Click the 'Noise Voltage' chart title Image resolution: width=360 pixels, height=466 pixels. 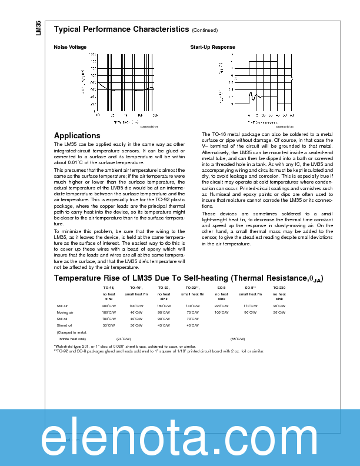pyautogui.click(x=70, y=47)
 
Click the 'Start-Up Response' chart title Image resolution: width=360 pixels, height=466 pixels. pyautogui.click(x=212, y=47)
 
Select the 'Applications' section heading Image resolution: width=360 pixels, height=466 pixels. pyautogui.click(x=77, y=135)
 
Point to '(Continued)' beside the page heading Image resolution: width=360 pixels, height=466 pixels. pyautogui.click(x=204, y=29)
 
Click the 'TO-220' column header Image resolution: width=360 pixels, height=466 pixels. pyautogui.click(x=279, y=288)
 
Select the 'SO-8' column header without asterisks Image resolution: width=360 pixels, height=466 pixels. pyautogui.click(x=221, y=288)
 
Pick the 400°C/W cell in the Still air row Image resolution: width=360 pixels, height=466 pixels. pyautogui.click(x=109, y=307)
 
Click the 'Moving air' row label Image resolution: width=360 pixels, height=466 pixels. pyautogui.click(x=65, y=312)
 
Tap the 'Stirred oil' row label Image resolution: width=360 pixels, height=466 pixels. pyautogui.click(x=65, y=325)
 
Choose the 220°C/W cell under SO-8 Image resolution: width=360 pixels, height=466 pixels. pyautogui.click(x=221, y=307)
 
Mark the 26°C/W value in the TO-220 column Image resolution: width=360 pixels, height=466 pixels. pyautogui.click(x=279, y=312)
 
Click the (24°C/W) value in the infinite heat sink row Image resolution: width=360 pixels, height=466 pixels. pyautogui.click(x=124, y=339)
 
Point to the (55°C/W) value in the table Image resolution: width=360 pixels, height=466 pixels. pyautogui.click(x=238, y=339)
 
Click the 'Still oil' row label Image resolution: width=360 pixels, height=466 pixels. pyautogui.click(x=63, y=319)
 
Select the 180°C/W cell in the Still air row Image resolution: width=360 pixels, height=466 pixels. pyautogui.click(x=164, y=307)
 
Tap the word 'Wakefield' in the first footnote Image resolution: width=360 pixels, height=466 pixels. pyautogui.click(x=65, y=347)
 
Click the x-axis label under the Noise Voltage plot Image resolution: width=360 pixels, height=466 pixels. pyautogui.click(x=126, y=122)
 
